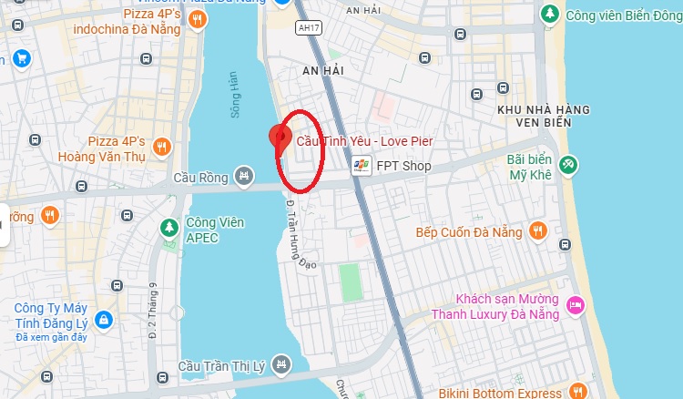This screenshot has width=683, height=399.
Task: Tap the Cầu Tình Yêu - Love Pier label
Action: point(365,141)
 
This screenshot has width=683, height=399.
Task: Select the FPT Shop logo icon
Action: point(362,166)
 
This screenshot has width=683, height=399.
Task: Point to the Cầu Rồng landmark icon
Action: point(243,174)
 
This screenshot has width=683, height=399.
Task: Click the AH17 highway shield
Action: point(309,28)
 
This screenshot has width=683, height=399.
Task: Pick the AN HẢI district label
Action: point(324,69)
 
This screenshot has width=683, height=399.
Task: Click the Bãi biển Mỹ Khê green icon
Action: point(569,164)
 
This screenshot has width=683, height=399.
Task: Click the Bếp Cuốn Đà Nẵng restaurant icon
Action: point(538,231)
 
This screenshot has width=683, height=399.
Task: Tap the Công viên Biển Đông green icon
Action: point(549,15)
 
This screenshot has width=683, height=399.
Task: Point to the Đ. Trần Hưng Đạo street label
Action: point(294,232)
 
